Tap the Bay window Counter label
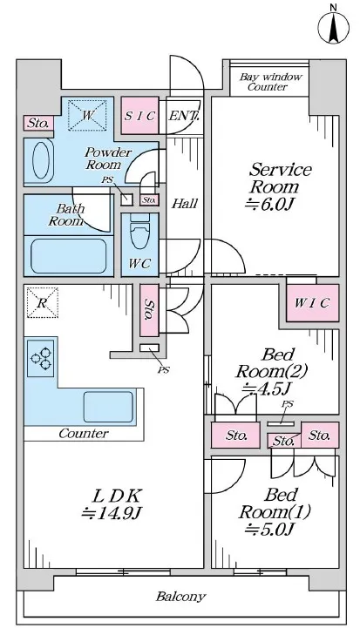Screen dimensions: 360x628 click(x=270, y=82)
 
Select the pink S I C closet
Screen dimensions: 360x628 click(x=139, y=116)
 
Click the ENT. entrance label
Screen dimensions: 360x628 click(x=184, y=116)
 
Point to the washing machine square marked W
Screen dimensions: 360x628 click(x=88, y=115)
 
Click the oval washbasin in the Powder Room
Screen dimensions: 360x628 click(x=40, y=160)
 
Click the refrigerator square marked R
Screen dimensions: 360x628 click(x=42, y=302)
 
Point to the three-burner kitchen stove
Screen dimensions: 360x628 click(x=40, y=358)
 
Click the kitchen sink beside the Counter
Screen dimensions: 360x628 click(x=108, y=407)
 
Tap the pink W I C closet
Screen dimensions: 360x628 click(x=312, y=303)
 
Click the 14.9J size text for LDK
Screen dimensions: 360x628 click(x=112, y=513)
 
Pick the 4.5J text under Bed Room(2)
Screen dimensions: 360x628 click(x=266, y=388)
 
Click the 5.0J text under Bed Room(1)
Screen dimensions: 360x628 click(x=269, y=529)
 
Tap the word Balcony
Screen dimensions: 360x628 click(x=180, y=597)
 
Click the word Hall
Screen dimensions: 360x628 click(x=185, y=204)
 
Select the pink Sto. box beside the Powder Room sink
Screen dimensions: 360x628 click(x=38, y=123)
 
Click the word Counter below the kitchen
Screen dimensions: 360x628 click(x=84, y=434)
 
